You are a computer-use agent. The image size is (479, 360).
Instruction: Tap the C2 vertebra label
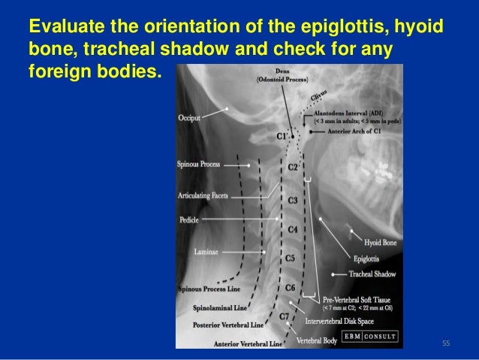294,168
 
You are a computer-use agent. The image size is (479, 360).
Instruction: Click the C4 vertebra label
293,228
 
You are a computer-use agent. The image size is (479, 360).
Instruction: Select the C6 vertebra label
290,288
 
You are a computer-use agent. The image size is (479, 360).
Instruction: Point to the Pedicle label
189,220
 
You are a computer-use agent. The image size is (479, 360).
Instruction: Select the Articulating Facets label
203,195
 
